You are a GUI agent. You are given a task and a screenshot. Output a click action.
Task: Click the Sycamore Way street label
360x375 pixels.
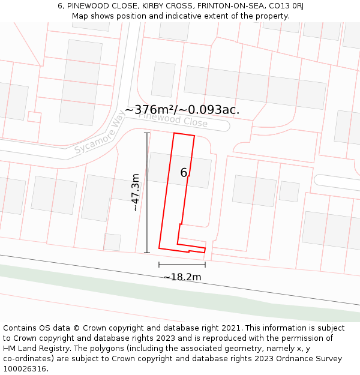coord(100,136)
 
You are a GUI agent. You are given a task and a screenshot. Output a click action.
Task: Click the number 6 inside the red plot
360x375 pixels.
coord(184,173)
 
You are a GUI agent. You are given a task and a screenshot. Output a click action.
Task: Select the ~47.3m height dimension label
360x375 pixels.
coord(136,192)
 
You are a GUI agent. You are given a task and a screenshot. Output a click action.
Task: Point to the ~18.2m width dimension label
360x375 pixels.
coord(182,277)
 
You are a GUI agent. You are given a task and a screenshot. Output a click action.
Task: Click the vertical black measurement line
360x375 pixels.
coord(147,192)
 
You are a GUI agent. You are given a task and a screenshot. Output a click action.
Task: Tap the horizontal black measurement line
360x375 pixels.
coord(182,264)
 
